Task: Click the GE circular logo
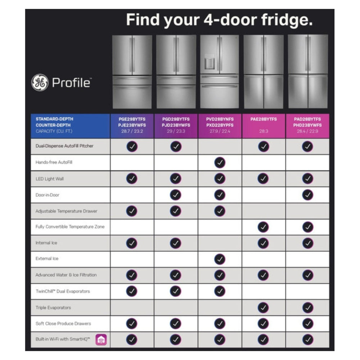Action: (x=40, y=82)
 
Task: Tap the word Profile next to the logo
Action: (x=71, y=83)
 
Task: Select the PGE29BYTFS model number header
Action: (x=132, y=119)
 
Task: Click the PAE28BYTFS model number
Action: (x=264, y=119)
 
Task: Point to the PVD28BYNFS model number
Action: (x=220, y=119)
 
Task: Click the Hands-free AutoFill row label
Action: (x=51, y=162)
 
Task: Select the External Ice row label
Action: (x=47, y=258)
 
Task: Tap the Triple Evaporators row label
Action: (x=53, y=308)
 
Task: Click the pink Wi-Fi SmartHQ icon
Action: (x=101, y=340)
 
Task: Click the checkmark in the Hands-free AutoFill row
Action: (x=220, y=163)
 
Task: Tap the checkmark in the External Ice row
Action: (x=220, y=259)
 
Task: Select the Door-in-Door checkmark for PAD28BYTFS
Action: (x=307, y=195)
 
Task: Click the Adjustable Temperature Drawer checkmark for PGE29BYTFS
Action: (x=132, y=211)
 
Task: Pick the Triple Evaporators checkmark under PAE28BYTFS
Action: (x=264, y=307)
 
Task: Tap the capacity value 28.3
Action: (x=264, y=131)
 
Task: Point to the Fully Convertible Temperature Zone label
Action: (x=70, y=227)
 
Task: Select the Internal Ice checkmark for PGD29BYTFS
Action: (x=176, y=243)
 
